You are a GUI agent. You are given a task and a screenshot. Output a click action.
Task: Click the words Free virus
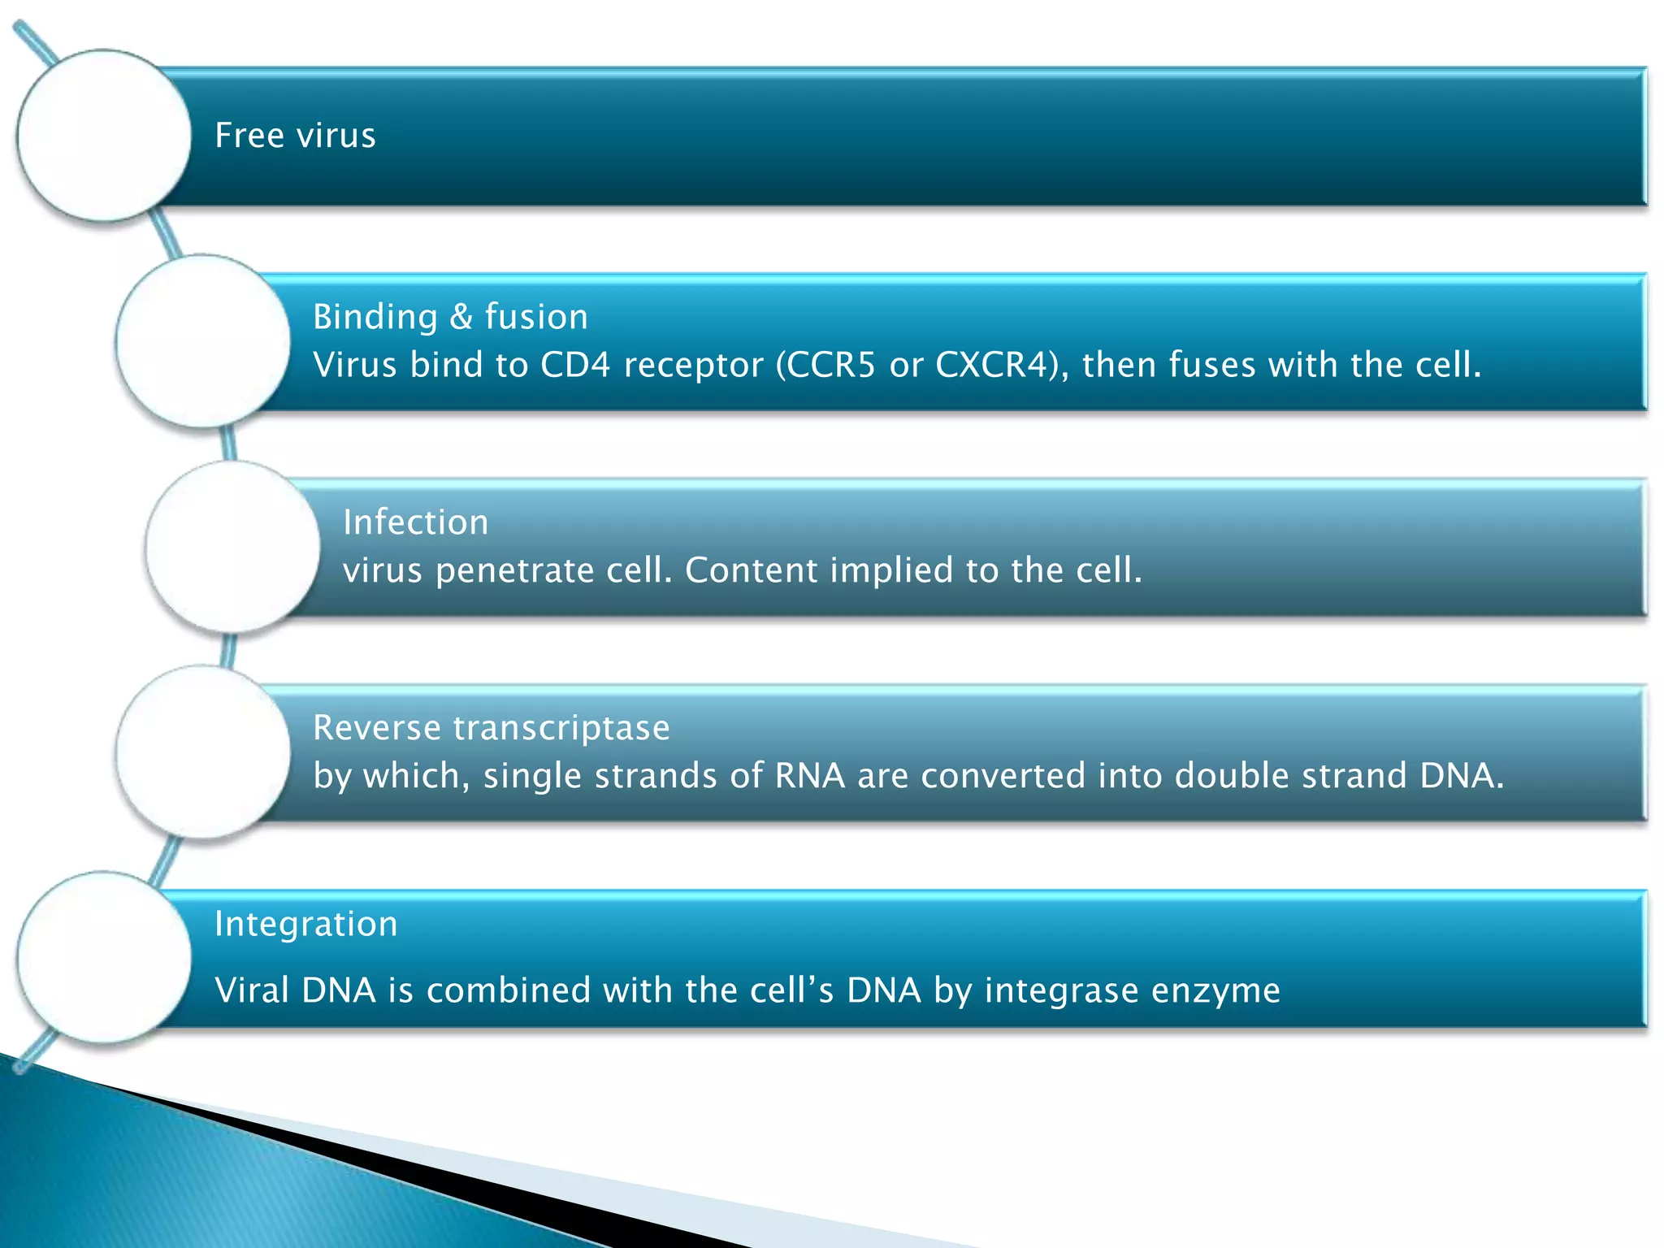click(295, 136)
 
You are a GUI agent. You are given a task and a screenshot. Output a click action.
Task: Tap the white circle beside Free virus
click(104, 136)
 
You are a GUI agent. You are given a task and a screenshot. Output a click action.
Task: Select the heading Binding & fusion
click(450, 317)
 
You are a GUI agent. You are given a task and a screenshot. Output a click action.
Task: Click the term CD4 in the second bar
click(575, 365)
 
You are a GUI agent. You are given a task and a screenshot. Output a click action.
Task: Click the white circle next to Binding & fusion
click(203, 341)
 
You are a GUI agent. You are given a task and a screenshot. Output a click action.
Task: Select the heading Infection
click(415, 522)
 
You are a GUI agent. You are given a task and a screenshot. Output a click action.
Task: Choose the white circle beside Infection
click(233, 547)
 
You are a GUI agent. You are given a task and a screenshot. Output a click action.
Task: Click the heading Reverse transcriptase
click(491, 728)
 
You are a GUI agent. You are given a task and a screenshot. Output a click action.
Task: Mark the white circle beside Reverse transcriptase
click(203, 752)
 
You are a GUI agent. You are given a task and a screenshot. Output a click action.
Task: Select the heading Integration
click(305, 925)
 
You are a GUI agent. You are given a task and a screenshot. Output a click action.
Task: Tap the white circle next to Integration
click(104, 958)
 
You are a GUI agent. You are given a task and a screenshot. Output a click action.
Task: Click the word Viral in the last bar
click(253, 990)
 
